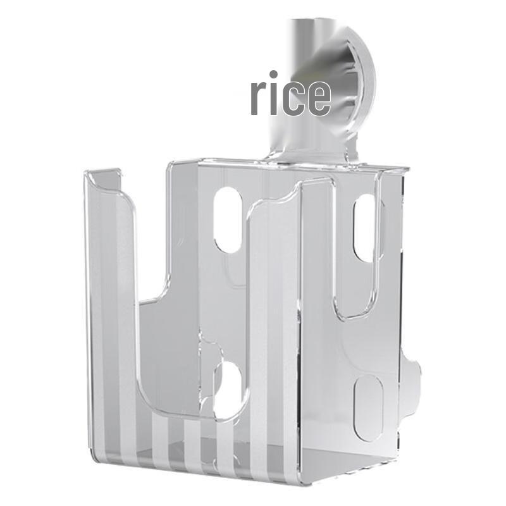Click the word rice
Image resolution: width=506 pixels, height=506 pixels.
[290, 96]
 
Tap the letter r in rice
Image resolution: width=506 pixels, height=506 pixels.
[258, 99]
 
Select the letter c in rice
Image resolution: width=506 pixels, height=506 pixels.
[295, 99]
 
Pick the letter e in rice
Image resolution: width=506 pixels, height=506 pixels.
[319, 99]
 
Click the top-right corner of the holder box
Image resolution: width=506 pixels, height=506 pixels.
[405, 171]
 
